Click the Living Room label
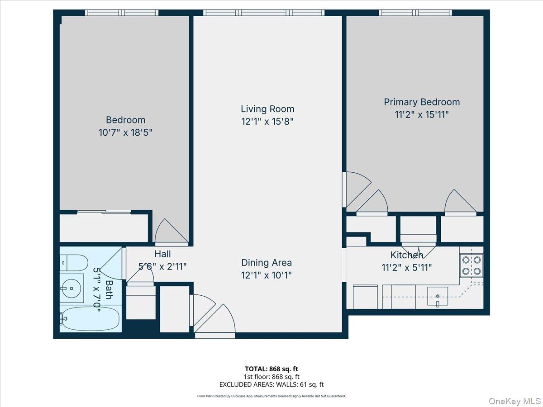tap(267, 109)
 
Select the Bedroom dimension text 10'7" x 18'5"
tap(125, 133)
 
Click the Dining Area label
tap(266, 263)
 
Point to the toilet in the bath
tap(74, 263)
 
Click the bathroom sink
tap(72, 288)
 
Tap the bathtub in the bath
tap(90, 319)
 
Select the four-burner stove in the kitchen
tap(472, 265)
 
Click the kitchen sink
tap(438, 296)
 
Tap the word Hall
tap(162, 254)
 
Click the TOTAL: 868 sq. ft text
tap(271, 369)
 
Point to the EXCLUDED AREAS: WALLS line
tap(271, 385)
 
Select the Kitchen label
tap(406, 255)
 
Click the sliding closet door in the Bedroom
tap(104, 212)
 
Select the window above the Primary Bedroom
tap(415, 13)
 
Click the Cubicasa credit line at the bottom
tap(271, 396)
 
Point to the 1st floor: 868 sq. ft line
tap(271, 377)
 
